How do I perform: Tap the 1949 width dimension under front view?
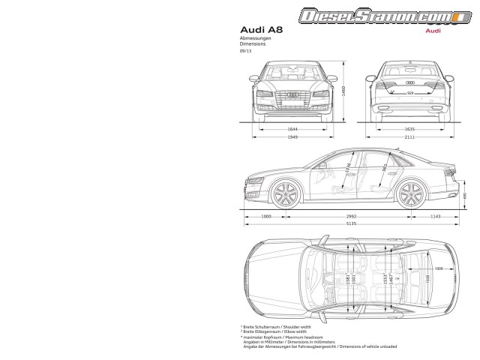(292, 137)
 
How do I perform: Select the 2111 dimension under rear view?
(409, 137)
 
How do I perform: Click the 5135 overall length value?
(350, 224)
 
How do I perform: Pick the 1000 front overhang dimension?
(265, 216)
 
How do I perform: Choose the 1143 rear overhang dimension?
(435, 216)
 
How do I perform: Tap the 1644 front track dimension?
(292, 129)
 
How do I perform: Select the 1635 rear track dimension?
(409, 129)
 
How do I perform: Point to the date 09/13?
(244, 51)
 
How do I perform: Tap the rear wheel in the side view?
(409, 195)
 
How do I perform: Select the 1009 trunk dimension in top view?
(439, 267)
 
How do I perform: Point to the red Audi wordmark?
(432, 31)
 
